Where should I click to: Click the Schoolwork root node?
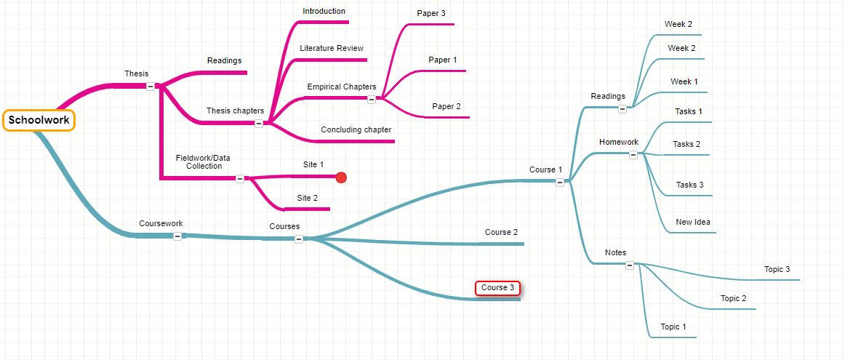pyautogui.click(x=39, y=121)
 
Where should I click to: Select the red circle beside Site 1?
pyautogui.click(x=341, y=177)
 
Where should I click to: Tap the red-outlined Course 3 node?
pyautogui.click(x=498, y=288)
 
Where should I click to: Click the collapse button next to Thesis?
pyautogui.click(x=151, y=86)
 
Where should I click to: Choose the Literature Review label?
pyautogui.click(x=332, y=48)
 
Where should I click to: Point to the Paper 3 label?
pyautogui.click(x=431, y=13)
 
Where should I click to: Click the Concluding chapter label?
pyautogui.click(x=356, y=129)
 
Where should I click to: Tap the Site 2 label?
pyautogui.click(x=307, y=198)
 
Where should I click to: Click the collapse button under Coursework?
pyautogui.click(x=177, y=236)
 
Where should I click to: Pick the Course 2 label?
pyautogui.click(x=502, y=232)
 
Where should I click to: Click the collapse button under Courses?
pyautogui.click(x=299, y=239)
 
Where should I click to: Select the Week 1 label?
pyautogui.click(x=684, y=81)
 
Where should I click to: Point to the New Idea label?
pyautogui.click(x=693, y=222)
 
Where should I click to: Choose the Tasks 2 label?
pyautogui.click(x=686, y=144)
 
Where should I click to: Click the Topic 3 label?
pyautogui.click(x=777, y=269)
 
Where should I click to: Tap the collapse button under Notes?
pyautogui.click(x=630, y=265)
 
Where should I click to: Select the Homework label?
pyautogui.click(x=619, y=142)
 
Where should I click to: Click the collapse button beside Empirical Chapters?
pyautogui.click(x=372, y=100)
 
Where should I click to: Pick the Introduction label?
pyautogui.click(x=324, y=11)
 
